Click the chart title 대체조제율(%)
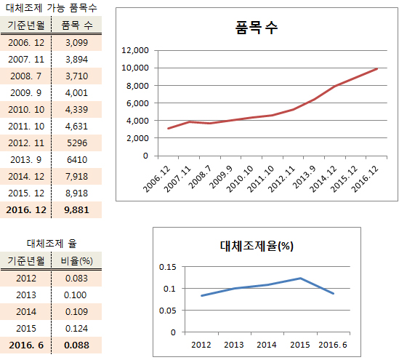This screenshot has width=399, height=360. pos(256,245)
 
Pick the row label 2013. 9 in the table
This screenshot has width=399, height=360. pos(26,159)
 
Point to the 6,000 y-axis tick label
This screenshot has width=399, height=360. pos(137,103)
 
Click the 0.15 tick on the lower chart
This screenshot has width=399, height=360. pos(166,267)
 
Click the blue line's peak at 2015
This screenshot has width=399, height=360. pos(300,278)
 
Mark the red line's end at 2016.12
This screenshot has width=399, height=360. pos(377,69)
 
